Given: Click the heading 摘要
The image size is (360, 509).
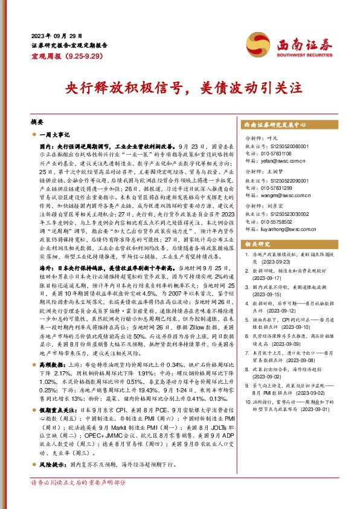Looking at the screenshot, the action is tap(37, 122).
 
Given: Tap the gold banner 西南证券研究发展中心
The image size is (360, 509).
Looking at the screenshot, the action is tap(279, 124).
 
